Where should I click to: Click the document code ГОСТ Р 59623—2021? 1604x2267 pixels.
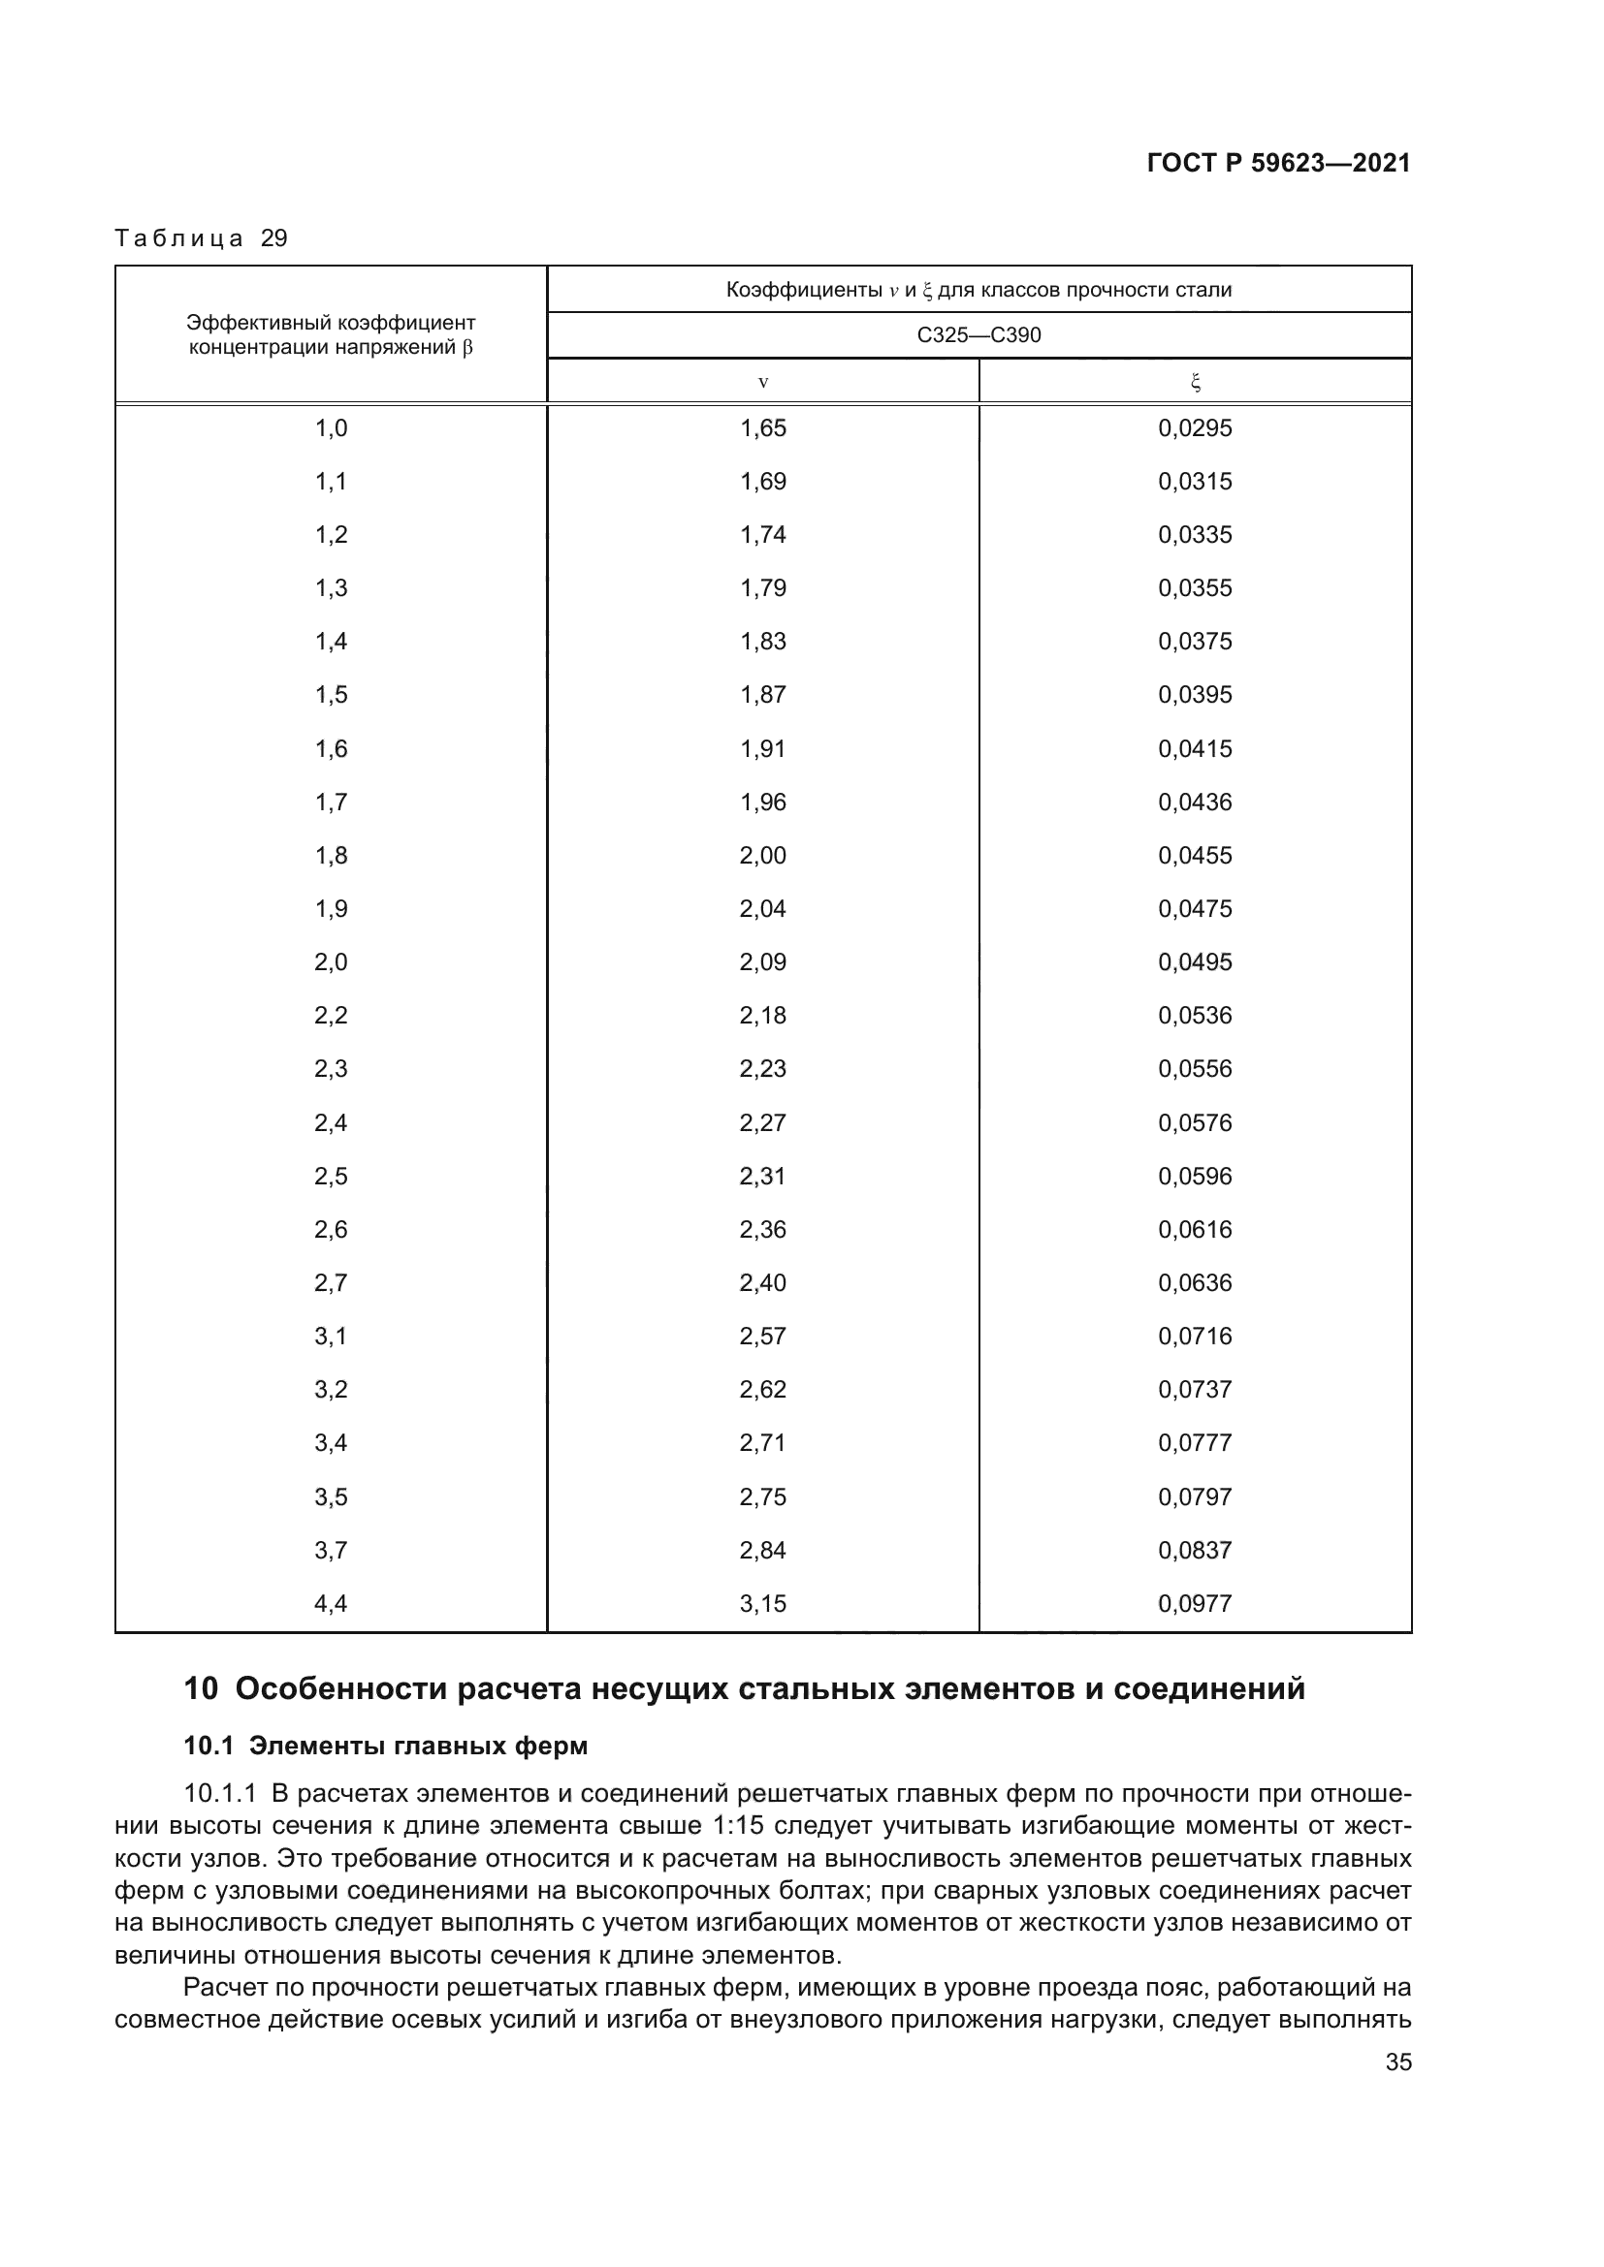point(1278,163)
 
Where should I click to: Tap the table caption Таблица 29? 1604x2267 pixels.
point(201,238)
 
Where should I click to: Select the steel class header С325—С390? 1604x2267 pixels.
point(978,334)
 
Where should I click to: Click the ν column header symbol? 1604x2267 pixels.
point(762,382)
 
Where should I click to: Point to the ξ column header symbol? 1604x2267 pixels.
point(1195,382)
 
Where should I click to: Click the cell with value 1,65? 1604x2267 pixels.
point(762,427)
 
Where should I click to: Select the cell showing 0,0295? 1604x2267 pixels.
point(1195,427)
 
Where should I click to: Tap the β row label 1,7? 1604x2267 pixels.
point(331,802)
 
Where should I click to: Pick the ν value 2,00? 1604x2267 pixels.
point(762,855)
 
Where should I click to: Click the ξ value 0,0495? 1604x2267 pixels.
point(1195,961)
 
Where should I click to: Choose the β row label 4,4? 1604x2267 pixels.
point(331,1603)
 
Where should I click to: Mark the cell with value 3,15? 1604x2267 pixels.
point(762,1603)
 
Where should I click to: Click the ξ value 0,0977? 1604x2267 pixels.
point(1195,1603)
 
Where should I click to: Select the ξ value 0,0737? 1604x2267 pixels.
point(1195,1389)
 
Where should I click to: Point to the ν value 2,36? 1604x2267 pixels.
point(762,1229)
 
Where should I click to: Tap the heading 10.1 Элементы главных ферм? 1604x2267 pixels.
point(385,1746)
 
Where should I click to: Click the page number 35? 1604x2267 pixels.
point(1397,2062)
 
